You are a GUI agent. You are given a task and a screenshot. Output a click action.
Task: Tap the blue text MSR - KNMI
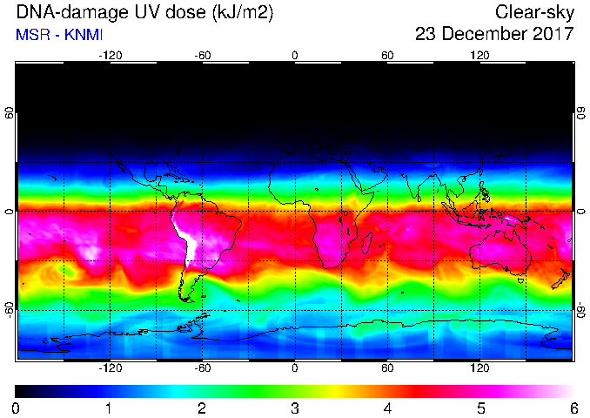tap(59, 35)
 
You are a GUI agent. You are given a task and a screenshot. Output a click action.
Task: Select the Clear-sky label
tap(534, 12)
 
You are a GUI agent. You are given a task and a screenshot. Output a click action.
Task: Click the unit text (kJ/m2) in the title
tap(242, 12)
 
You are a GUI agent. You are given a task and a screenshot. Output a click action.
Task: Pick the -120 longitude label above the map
tap(111, 56)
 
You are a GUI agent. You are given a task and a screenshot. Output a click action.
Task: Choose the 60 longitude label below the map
tap(387, 367)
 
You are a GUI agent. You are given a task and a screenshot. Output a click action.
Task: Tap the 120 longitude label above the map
tap(479, 56)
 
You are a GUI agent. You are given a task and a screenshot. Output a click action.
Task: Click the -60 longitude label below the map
tap(203, 367)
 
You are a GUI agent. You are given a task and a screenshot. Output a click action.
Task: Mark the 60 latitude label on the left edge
tap(9, 113)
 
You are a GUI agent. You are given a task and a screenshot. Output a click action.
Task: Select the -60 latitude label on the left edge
tap(9, 310)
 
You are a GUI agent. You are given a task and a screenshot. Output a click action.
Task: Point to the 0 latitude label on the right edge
tap(581, 212)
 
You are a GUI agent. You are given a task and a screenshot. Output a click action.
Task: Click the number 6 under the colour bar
tap(573, 408)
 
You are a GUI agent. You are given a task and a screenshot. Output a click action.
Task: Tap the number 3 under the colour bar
tap(295, 408)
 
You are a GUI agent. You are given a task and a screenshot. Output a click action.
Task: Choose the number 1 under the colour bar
tap(109, 408)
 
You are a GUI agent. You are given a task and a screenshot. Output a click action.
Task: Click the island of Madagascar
tap(367, 242)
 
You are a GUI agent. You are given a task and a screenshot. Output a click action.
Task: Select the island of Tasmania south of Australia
tap(520, 280)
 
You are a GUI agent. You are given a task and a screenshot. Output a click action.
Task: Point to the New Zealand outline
tap(561, 279)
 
